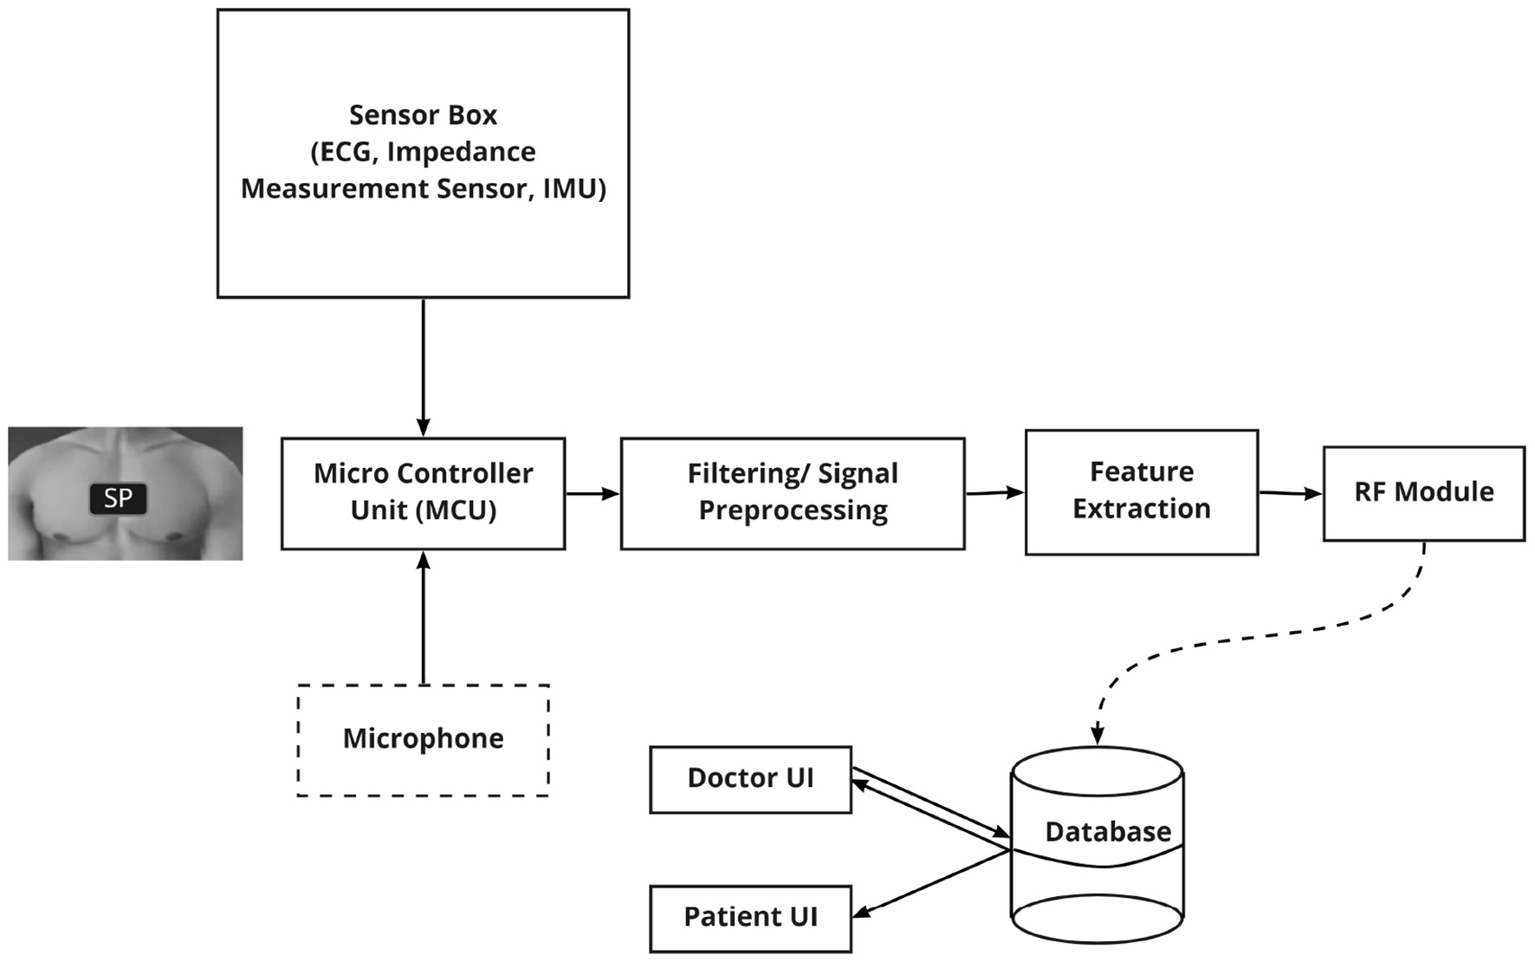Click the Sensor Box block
[x=423, y=234]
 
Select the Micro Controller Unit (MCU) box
[x=423, y=492]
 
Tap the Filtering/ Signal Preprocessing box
[x=792, y=492]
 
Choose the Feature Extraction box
[x=1141, y=491]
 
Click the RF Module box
[x=1423, y=492]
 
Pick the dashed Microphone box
[x=423, y=739]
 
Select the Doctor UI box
[x=750, y=778]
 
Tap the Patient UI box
[x=750, y=917]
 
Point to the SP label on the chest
[x=119, y=498]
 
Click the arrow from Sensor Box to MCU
[x=423, y=364]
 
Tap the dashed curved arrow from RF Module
[x=1256, y=637]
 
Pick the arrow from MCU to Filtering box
[x=593, y=493]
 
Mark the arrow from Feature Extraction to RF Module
[x=1290, y=493]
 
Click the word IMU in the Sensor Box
[x=573, y=188]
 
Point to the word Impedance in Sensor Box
[x=461, y=152]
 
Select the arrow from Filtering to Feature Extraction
[x=994, y=493]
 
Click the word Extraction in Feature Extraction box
[x=1141, y=509]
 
